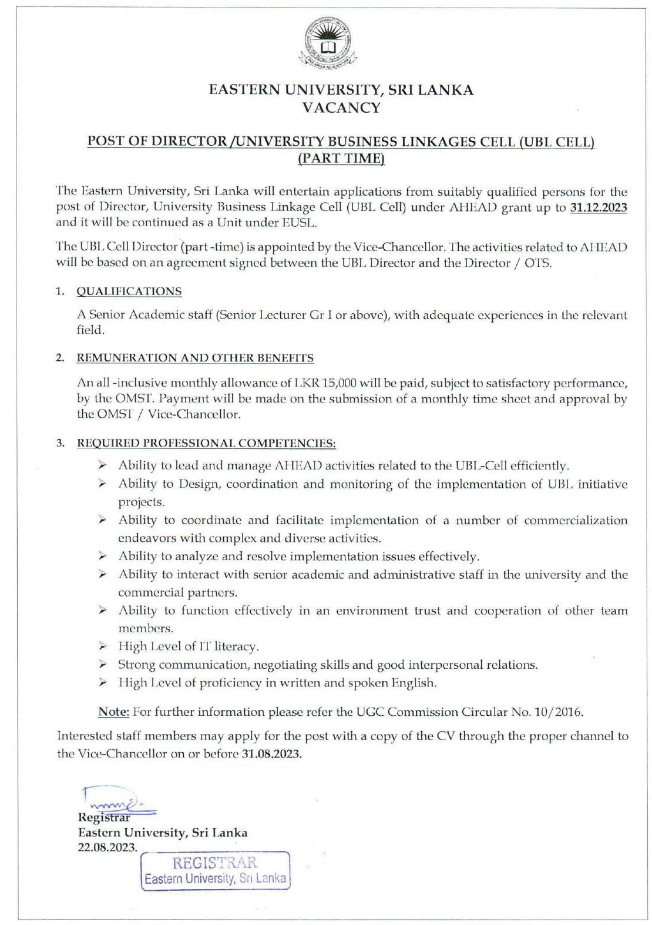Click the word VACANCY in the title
coord(341,108)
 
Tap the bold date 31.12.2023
coord(598,207)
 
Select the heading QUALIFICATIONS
coord(129,291)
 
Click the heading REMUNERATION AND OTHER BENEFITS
coord(195,358)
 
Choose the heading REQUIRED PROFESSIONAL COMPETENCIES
coord(206,443)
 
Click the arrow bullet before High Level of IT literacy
coord(103,646)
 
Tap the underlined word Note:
coord(113,712)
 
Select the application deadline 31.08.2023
coord(271,754)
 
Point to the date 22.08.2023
coord(107,847)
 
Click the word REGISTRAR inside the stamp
coord(214,863)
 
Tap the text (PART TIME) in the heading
coord(341,158)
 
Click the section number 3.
coord(61,443)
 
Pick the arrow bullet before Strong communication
coord(103,665)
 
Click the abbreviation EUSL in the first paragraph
coord(298,223)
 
